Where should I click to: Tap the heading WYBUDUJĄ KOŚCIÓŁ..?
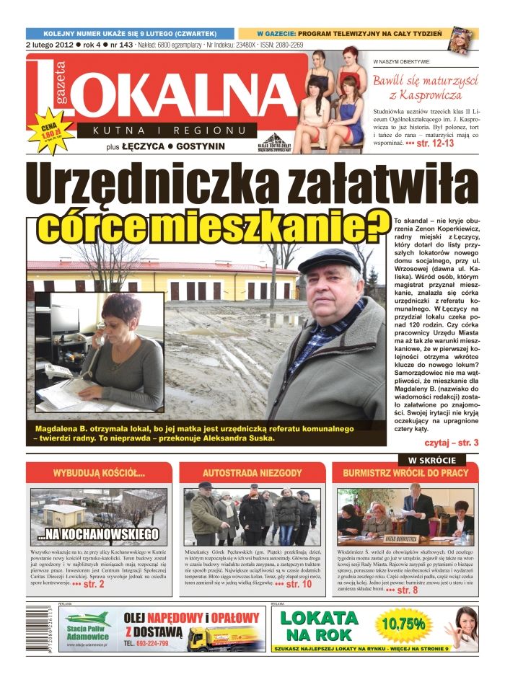tap(100, 474)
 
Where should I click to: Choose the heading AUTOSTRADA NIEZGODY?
tap(252, 474)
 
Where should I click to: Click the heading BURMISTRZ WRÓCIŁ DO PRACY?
tap(405, 474)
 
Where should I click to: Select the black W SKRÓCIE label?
tap(432, 459)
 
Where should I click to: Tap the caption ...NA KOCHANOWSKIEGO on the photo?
tap(99, 535)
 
